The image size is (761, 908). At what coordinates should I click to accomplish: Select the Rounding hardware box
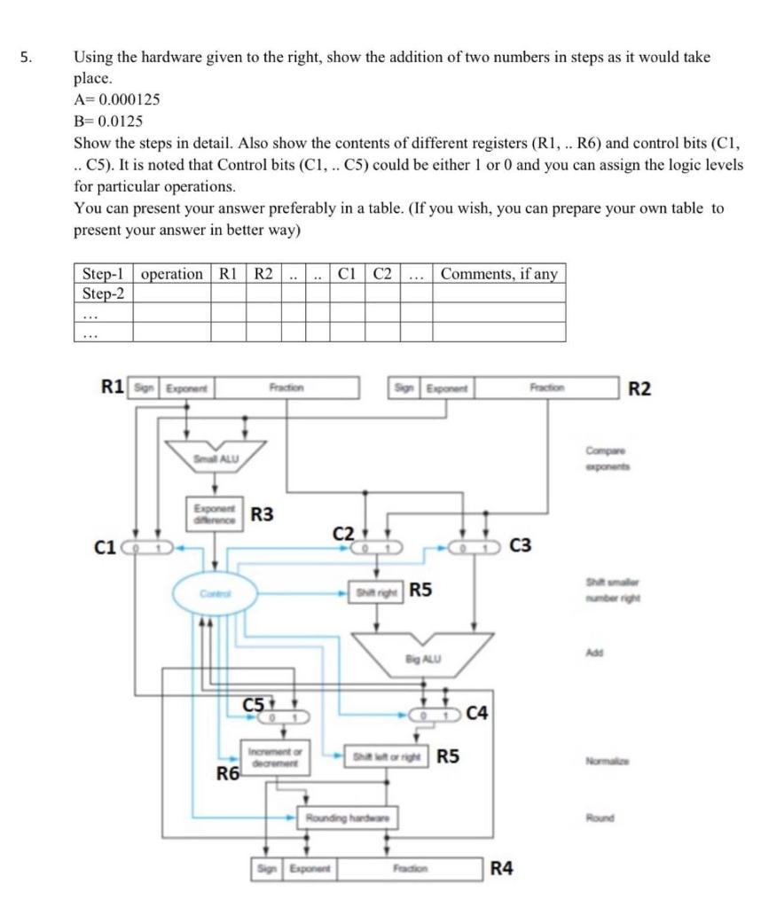pyautogui.click(x=347, y=816)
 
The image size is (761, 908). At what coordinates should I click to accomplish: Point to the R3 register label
pyautogui.click(x=262, y=513)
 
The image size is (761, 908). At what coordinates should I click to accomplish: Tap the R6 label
pyautogui.click(x=229, y=774)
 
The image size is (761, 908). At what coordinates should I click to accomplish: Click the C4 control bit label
pyautogui.click(x=479, y=712)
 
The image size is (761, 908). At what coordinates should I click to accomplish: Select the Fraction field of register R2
pyautogui.click(x=546, y=387)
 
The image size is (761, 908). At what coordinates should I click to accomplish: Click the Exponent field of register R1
pyautogui.click(x=185, y=387)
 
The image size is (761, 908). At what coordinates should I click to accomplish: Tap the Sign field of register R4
pyautogui.click(x=263, y=868)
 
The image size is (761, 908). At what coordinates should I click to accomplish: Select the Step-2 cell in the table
pyautogui.click(x=103, y=293)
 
